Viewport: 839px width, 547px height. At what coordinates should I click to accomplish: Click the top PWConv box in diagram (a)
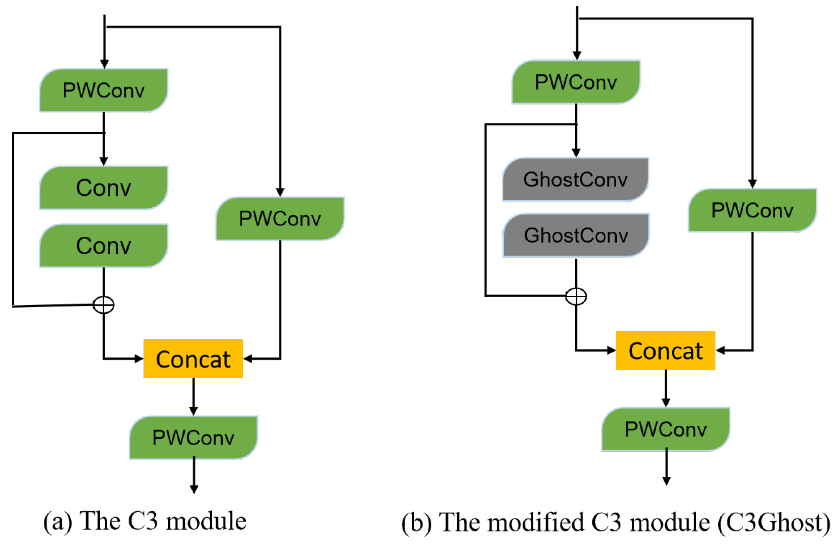pos(103,90)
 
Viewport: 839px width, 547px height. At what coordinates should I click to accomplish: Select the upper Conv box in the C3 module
pos(103,187)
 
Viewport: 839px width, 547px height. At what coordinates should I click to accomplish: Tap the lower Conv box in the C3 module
pos(103,246)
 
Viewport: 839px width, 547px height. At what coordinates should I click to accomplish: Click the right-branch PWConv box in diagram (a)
pos(280,218)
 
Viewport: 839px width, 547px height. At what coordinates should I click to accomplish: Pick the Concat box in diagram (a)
pos(193,359)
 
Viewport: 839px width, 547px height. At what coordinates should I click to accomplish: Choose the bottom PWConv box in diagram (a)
pos(193,437)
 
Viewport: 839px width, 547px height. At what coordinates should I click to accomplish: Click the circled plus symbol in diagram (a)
pos(103,305)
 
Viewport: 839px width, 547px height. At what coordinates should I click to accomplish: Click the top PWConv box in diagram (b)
pos(576,82)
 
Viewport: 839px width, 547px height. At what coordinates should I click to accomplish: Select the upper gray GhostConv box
pos(575,179)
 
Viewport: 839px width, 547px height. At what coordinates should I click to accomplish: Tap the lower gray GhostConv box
pos(576,235)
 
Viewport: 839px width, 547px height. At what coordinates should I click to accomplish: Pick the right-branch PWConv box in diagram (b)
pos(752,210)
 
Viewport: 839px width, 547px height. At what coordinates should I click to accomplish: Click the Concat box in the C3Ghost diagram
pos(665,350)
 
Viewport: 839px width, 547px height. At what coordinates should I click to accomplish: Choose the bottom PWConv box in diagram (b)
pos(665,429)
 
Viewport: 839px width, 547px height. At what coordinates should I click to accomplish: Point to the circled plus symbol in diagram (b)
pos(576,296)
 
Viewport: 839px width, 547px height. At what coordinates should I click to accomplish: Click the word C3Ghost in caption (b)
pos(774,522)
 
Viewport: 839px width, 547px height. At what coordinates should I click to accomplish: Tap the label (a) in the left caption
pos(57,521)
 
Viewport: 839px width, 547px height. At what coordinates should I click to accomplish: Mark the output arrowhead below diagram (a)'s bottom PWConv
pos(194,489)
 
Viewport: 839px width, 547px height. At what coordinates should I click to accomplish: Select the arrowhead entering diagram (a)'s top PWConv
pos(104,64)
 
